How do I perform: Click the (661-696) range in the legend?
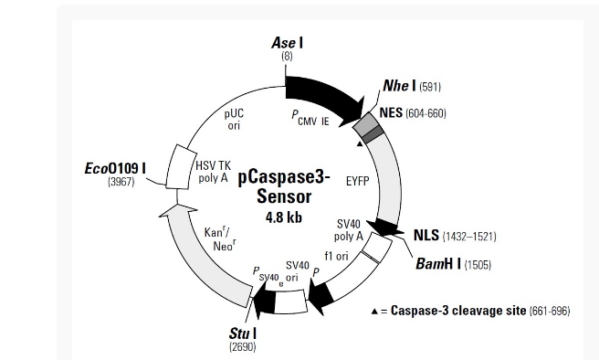pos(550,312)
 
